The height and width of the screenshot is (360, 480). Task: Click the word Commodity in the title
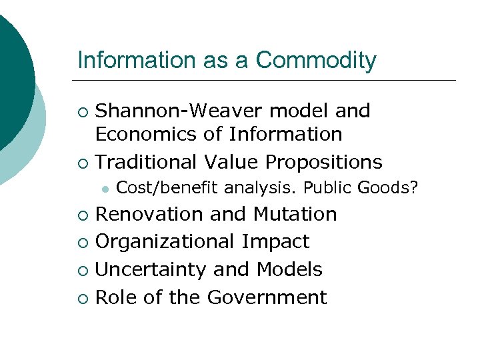click(316, 61)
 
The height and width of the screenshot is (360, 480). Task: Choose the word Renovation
click(149, 214)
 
